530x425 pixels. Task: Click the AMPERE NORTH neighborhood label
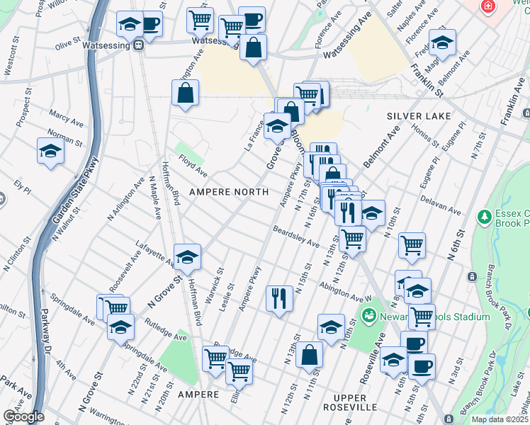click(227, 192)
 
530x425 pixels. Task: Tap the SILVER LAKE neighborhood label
click(413, 115)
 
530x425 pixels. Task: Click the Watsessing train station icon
click(139, 45)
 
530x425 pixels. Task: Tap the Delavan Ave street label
click(439, 208)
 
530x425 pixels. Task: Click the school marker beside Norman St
click(50, 151)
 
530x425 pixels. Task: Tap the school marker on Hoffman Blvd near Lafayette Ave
click(188, 257)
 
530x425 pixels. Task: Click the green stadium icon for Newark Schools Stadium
click(368, 314)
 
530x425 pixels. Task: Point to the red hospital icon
click(487, 7)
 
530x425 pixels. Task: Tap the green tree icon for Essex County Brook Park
click(484, 216)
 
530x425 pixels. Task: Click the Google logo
click(23, 416)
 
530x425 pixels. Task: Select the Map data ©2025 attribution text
click(500, 419)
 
